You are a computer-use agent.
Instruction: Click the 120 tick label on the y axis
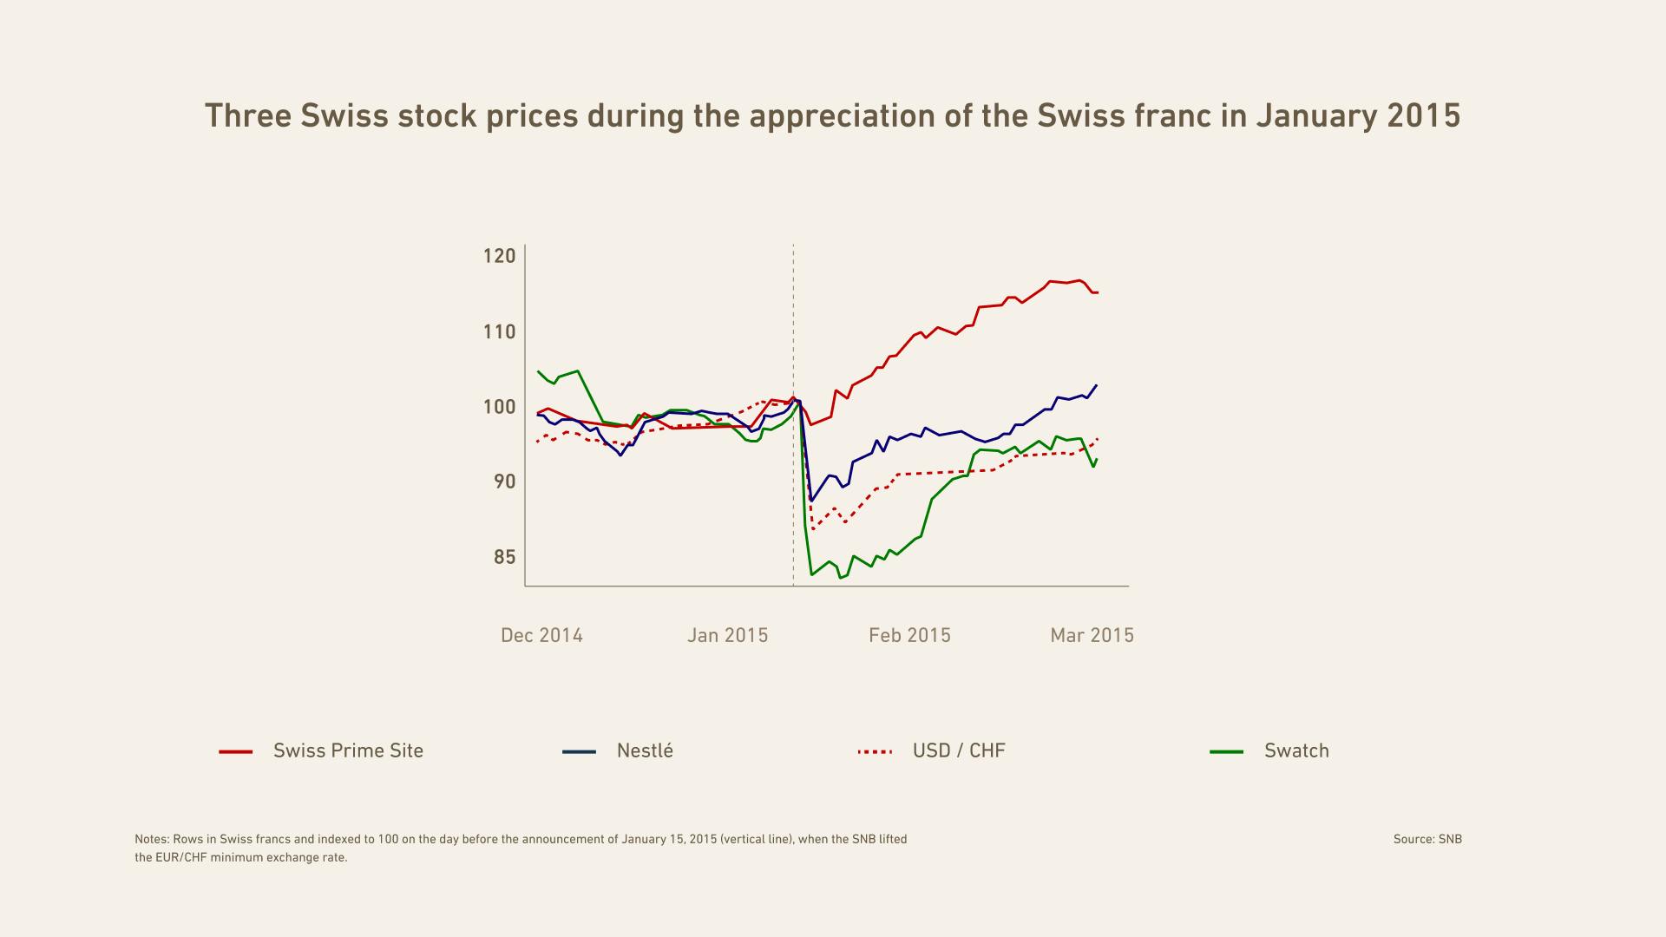pos(499,256)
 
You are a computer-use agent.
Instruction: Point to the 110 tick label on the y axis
pos(499,331)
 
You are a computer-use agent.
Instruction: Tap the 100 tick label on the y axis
pos(499,407)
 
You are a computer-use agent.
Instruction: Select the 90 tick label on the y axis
pos(504,482)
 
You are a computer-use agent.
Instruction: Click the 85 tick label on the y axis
pos(504,557)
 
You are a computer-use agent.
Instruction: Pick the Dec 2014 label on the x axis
pos(541,635)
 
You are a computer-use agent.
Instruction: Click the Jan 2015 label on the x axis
pos(727,635)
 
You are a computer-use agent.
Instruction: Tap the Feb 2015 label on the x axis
pos(909,635)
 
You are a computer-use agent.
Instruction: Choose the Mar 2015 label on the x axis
pos(1092,635)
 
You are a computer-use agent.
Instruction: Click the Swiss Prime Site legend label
pos(348,750)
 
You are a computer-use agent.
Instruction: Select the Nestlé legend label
pos(645,750)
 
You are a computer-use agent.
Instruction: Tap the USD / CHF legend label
pos(958,750)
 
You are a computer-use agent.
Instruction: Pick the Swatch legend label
pos(1296,750)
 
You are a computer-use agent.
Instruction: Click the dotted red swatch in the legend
pos(874,751)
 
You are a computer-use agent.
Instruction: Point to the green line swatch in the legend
pos(1226,751)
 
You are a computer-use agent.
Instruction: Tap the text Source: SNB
pos(1427,839)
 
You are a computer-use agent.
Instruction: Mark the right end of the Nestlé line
pos(1097,385)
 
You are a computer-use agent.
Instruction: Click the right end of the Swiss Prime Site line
pos(1098,292)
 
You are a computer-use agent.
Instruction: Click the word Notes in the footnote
pos(151,839)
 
